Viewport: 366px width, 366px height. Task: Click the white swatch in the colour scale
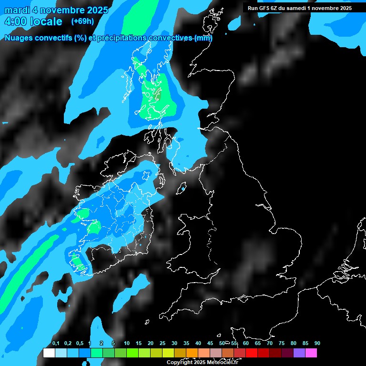pos(49,353)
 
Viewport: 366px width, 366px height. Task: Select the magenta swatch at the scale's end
pos(311,353)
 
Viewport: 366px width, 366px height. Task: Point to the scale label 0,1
pos(56,344)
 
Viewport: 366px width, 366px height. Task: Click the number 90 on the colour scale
pos(317,344)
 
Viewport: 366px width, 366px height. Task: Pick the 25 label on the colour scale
pos(163,344)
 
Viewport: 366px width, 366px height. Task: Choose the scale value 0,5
pos(80,344)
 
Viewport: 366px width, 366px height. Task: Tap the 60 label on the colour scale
pos(246,344)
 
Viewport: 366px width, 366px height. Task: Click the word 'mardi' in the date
pos(18,10)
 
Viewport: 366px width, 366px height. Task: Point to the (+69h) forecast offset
pos(82,21)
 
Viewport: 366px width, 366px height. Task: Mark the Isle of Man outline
pos(183,188)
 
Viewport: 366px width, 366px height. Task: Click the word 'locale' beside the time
pos(46,21)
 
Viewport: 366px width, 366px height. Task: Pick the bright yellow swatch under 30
pos(168,353)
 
